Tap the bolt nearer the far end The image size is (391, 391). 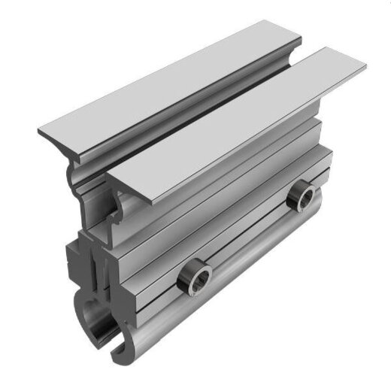point(305,196)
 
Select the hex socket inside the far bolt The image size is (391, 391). point(305,197)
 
